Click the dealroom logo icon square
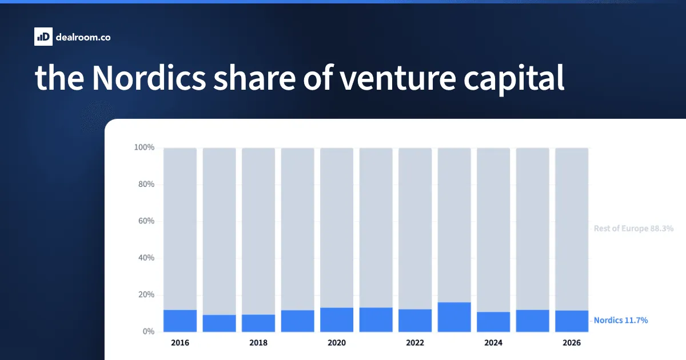(x=43, y=37)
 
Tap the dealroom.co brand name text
(x=83, y=37)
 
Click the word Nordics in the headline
(x=149, y=78)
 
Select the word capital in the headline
(x=513, y=79)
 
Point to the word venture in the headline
(x=398, y=79)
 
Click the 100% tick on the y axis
(x=144, y=147)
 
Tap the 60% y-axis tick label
(x=146, y=221)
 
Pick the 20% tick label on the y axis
(x=146, y=294)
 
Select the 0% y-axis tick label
(x=148, y=331)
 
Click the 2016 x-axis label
(x=180, y=342)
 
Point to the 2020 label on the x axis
(x=337, y=342)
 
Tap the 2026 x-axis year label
(x=572, y=342)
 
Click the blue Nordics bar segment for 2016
(x=180, y=321)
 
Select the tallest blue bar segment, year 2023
(x=454, y=317)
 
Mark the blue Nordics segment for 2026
(x=572, y=321)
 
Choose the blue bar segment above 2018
(x=258, y=323)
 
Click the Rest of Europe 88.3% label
(x=633, y=229)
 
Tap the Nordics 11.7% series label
(x=621, y=320)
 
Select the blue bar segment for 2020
(x=337, y=320)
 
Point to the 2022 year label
(x=415, y=342)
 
